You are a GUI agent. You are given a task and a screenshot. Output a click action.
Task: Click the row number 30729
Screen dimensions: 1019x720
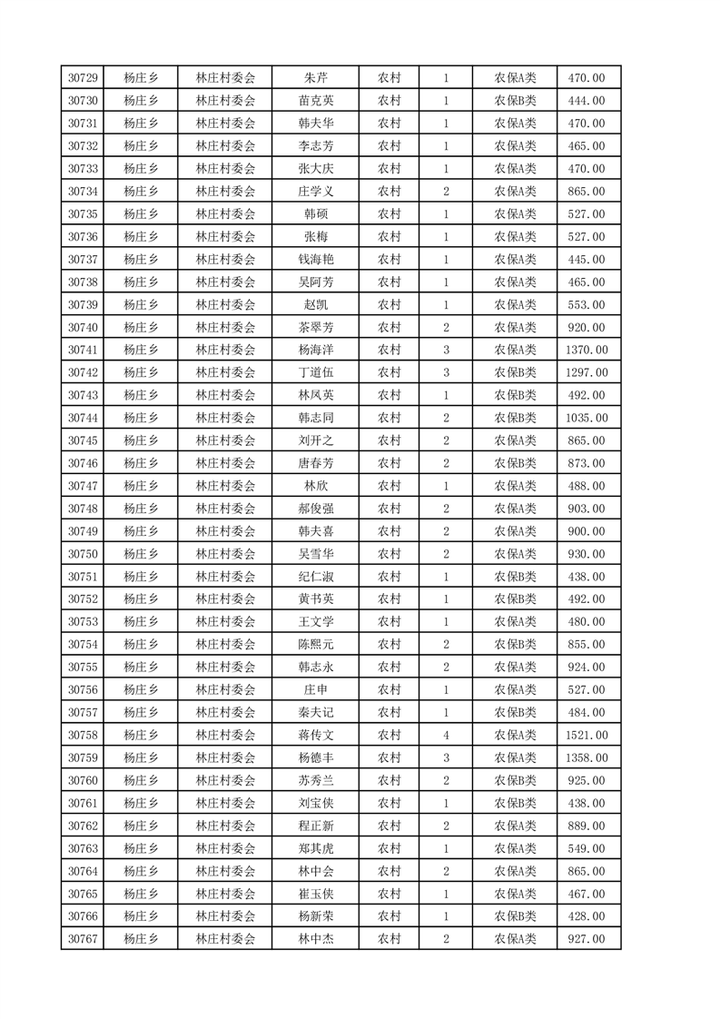click(x=83, y=78)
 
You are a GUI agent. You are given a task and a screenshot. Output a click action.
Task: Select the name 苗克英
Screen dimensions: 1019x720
click(x=315, y=101)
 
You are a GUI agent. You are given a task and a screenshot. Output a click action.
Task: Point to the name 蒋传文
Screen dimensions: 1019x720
click(x=315, y=735)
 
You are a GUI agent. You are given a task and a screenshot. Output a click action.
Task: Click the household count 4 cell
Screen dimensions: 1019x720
click(x=446, y=735)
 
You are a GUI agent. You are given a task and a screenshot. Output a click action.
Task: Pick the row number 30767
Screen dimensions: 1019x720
click(x=83, y=939)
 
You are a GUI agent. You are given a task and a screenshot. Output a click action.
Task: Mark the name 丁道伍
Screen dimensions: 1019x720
click(x=315, y=372)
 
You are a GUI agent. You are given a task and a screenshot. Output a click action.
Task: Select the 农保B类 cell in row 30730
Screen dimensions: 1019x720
click(x=515, y=101)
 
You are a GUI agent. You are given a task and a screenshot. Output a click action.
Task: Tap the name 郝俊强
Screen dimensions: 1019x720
click(x=315, y=509)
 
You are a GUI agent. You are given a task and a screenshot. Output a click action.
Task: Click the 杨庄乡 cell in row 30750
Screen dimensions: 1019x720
click(x=141, y=554)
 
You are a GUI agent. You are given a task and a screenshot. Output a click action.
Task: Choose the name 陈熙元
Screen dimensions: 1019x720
click(x=315, y=644)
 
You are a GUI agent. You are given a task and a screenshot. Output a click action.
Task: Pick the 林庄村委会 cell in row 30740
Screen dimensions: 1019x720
click(x=226, y=327)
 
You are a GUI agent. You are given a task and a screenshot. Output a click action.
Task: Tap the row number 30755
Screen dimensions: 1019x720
click(x=83, y=667)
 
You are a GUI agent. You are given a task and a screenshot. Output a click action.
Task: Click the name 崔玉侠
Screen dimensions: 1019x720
click(x=315, y=894)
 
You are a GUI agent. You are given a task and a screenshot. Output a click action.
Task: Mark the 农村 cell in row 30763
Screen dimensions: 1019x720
click(x=390, y=848)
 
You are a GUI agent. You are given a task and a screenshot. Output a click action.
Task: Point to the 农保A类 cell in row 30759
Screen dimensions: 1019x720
click(x=515, y=757)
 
